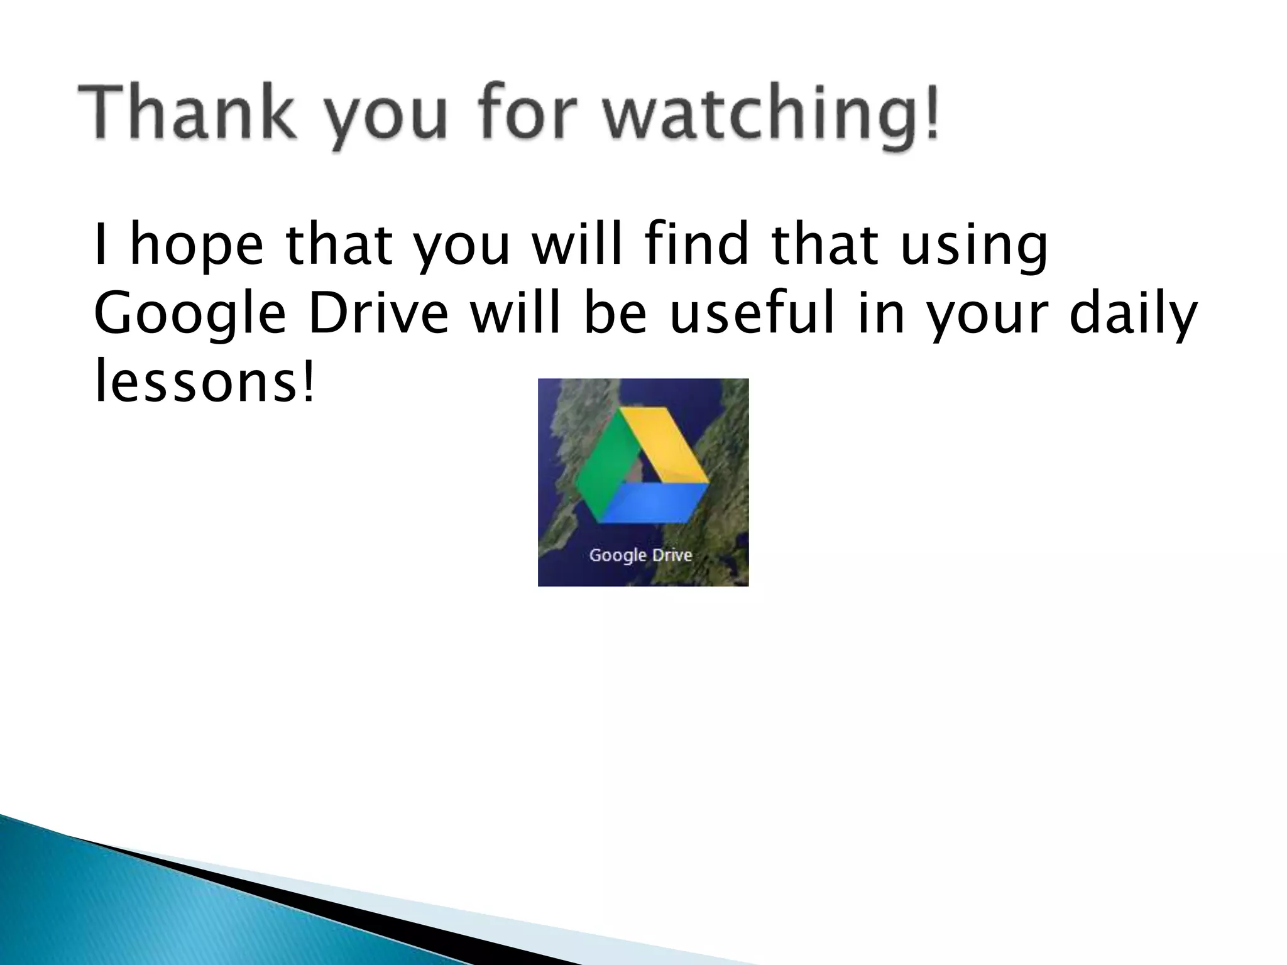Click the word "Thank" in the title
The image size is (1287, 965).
(186, 113)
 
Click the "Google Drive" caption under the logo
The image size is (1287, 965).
(640, 555)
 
